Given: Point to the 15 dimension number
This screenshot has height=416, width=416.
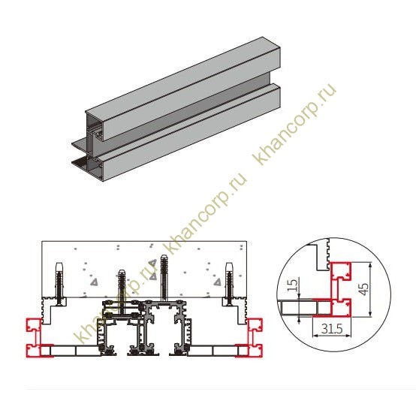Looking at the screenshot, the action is tap(292, 285).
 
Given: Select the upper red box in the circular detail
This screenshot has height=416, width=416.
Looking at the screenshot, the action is tap(341, 271).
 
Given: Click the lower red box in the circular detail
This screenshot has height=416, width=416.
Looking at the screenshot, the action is tap(341, 307).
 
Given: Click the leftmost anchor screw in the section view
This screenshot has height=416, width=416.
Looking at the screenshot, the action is tap(59, 282).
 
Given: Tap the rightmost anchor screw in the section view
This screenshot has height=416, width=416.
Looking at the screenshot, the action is tap(229, 282).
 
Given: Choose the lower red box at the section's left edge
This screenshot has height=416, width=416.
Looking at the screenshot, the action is tap(33, 351).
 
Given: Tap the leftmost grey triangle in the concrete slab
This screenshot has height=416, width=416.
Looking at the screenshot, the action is tap(94, 282).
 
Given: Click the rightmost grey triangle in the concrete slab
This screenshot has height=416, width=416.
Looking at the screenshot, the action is tap(217, 282).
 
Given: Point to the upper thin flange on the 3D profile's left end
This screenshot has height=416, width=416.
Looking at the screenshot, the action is tap(80, 143).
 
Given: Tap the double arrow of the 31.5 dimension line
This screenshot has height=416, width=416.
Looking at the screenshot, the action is tap(332, 336).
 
